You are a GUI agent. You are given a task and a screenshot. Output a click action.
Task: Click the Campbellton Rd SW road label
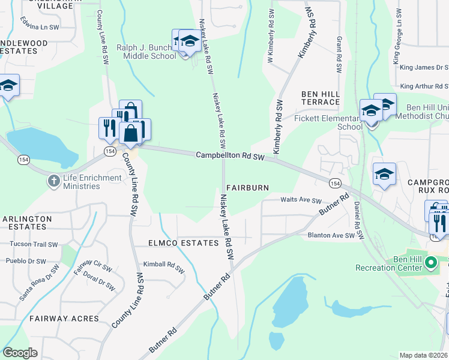click(x=231, y=156)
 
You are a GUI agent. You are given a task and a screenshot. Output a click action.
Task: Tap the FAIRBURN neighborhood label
click(x=247, y=188)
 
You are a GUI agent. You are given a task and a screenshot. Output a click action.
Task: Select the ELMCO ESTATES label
click(x=183, y=243)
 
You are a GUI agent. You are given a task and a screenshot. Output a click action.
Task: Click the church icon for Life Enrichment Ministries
click(x=54, y=181)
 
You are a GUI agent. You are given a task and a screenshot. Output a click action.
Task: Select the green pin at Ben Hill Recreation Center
click(x=430, y=262)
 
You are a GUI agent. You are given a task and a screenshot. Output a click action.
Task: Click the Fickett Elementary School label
click(x=328, y=123)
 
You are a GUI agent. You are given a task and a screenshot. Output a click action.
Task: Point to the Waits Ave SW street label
click(x=301, y=201)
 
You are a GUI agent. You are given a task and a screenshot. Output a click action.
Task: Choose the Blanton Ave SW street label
click(x=331, y=236)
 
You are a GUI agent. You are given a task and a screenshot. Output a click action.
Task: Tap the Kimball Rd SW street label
click(x=163, y=264)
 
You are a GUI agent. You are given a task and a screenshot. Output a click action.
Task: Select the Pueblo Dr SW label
click(x=26, y=261)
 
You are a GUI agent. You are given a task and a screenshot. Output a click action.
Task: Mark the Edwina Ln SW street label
click(x=40, y=28)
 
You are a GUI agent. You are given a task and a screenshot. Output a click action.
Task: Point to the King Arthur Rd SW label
click(x=424, y=86)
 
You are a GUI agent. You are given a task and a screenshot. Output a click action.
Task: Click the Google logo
click(x=20, y=352)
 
